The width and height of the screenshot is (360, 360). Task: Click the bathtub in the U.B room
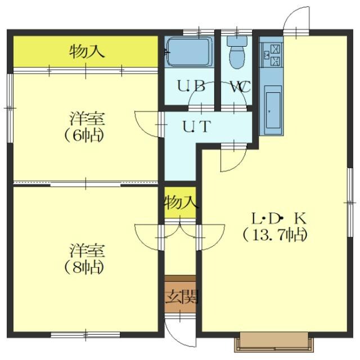[x=189, y=52]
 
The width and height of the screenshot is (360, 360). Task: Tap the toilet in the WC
[x=237, y=52]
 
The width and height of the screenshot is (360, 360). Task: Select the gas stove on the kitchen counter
[x=271, y=55]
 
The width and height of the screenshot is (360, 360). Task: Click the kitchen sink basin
[x=273, y=110]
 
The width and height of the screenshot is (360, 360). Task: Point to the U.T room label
[x=196, y=127]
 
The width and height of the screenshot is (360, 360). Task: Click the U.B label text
[x=191, y=86]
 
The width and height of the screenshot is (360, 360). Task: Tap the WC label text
[x=240, y=87]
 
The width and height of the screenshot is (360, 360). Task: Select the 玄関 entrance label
[x=181, y=297]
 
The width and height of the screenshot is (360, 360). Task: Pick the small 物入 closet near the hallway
[x=180, y=202]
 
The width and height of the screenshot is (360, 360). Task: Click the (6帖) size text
[x=84, y=136]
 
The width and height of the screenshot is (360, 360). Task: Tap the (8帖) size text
[x=84, y=268]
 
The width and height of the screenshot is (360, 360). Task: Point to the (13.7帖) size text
[x=275, y=235]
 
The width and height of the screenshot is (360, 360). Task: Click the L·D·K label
[x=279, y=219]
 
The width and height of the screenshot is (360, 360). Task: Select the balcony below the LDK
[x=274, y=341]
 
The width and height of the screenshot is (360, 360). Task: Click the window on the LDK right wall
[x=350, y=202]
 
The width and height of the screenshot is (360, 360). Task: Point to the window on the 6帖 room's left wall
[x=10, y=108]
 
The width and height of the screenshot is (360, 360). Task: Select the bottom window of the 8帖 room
[x=85, y=335]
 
